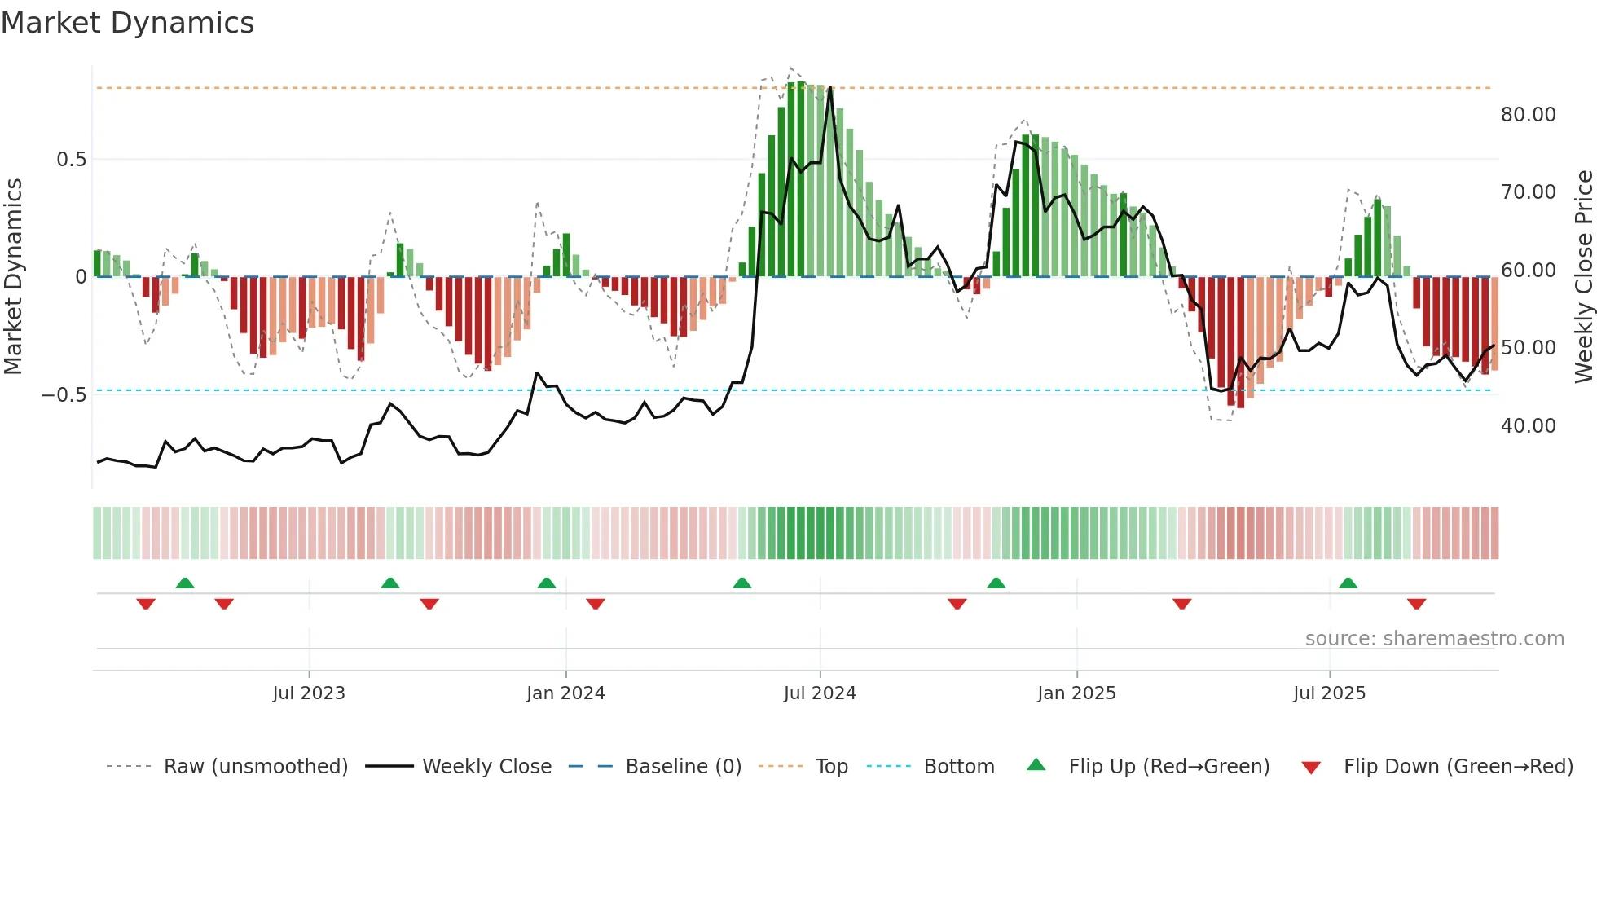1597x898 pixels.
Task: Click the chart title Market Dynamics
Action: [127, 23]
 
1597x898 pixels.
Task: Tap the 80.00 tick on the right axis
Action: [1528, 115]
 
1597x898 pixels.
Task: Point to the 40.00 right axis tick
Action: [1528, 426]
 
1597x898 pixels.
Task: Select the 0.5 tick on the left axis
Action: [71, 160]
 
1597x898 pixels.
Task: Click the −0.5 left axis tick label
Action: [64, 395]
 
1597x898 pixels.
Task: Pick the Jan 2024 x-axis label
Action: [565, 693]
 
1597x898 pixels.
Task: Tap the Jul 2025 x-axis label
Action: [1329, 693]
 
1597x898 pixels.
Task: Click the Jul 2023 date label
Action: [309, 693]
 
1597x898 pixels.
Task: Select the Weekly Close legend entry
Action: [486, 767]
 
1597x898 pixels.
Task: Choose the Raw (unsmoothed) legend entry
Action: [255, 767]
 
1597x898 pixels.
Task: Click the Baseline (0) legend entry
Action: [683, 767]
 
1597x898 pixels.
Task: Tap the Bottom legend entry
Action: [958, 767]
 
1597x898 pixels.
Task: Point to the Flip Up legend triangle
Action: [1036, 764]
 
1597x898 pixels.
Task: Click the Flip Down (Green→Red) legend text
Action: [1458, 767]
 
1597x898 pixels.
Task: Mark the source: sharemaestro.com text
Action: [1434, 639]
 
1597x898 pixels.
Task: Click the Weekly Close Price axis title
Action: [1583, 277]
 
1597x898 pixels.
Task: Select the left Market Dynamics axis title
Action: [13, 277]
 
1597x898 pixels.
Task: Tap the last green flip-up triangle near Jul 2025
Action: [1348, 583]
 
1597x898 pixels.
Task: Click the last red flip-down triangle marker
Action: [1416, 604]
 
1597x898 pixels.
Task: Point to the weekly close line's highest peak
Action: [830, 88]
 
